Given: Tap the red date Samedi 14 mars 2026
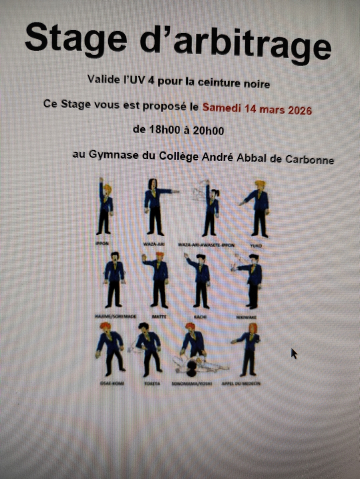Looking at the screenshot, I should point(257,108).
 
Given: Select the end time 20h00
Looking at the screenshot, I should point(209,131).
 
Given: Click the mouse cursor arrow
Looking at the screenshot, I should point(294,353).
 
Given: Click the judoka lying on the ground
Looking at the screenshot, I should point(196,364).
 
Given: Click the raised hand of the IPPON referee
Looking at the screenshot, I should point(101,181).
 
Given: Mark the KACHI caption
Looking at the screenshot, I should point(199,315).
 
